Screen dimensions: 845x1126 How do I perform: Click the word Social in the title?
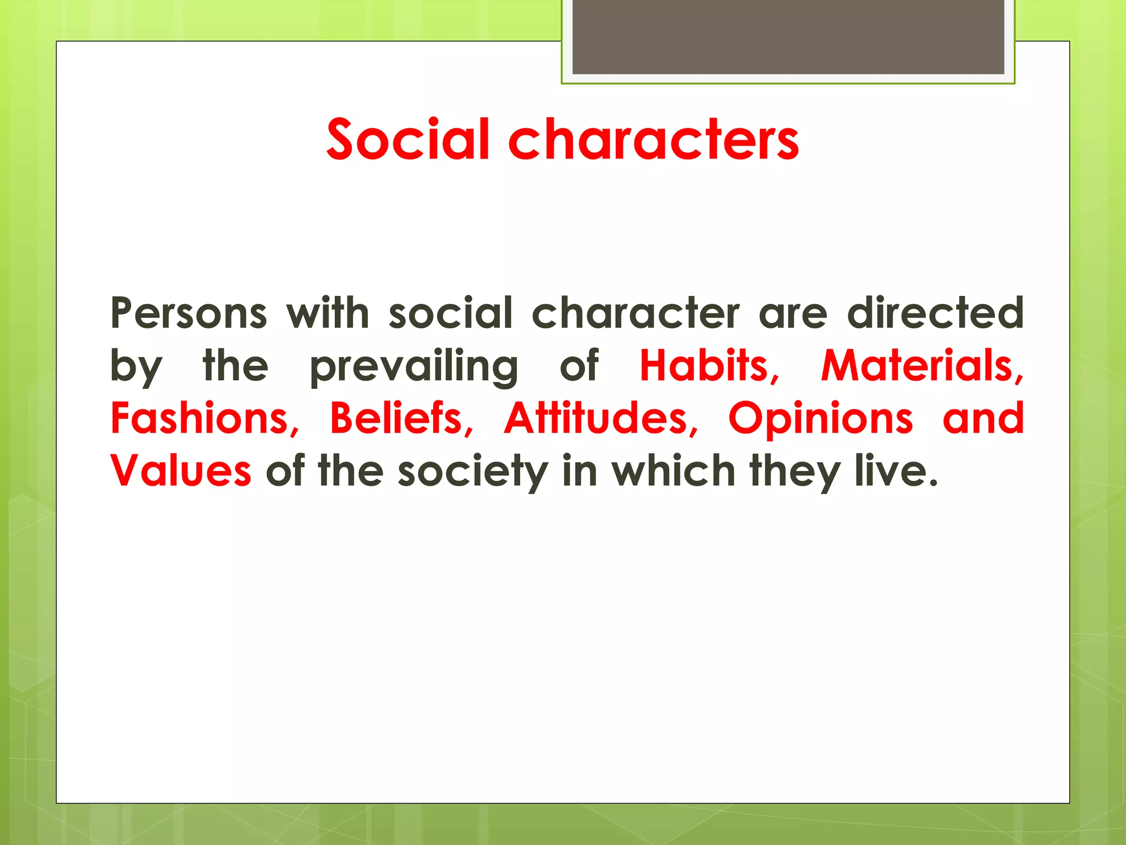click(407, 140)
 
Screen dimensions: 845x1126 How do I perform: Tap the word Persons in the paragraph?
click(189, 314)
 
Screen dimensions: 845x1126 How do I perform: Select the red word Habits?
click(708, 366)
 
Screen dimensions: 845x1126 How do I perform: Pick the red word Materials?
click(921, 366)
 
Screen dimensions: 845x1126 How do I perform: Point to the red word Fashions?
click(204, 419)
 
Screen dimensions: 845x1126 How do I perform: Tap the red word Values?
click(181, 471)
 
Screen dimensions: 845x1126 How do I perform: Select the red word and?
click(983, 419)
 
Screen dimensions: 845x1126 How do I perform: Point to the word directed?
click(935, 314)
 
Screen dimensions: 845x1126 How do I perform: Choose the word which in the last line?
click(674, 471)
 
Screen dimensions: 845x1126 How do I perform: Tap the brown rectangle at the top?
click(788, 36)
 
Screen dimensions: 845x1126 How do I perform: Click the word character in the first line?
click(636, 314)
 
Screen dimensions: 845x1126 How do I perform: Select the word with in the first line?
click(328, 314)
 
